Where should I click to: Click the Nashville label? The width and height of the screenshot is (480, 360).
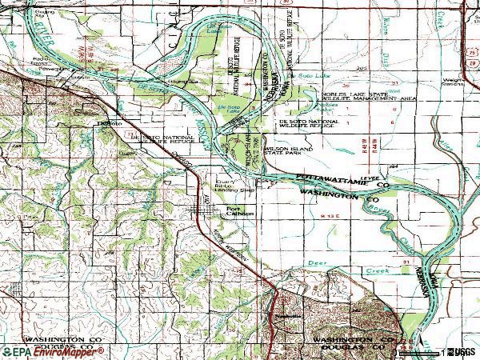(275, 315)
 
